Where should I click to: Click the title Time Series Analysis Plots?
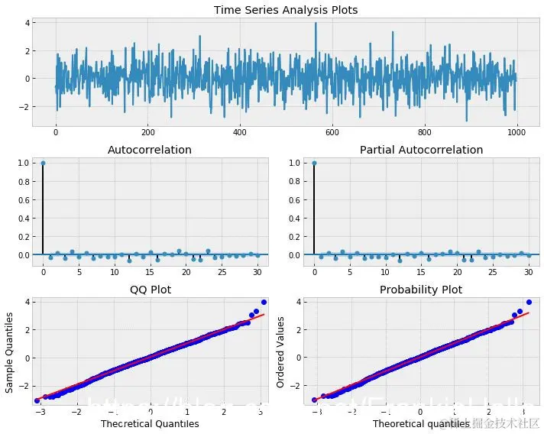point(286,10)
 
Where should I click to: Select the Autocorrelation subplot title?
point(151,150)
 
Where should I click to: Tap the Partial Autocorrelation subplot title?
point(421,150)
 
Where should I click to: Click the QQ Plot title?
point(151,290)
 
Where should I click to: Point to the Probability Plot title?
point(421,290)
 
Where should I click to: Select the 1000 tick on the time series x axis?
point(516,131)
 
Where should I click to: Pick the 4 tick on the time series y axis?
point(27,24)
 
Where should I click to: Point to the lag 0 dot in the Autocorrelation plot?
point(43,163)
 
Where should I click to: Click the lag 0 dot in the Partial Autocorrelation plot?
point(314,163)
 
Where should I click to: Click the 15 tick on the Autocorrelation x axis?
point(151,271)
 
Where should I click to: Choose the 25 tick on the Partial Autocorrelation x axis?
point(494,271)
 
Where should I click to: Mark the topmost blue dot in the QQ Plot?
point(264,302)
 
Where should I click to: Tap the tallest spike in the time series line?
point(316,24)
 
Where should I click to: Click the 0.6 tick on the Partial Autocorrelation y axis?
point(295,199)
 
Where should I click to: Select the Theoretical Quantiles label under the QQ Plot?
point(151,423)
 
